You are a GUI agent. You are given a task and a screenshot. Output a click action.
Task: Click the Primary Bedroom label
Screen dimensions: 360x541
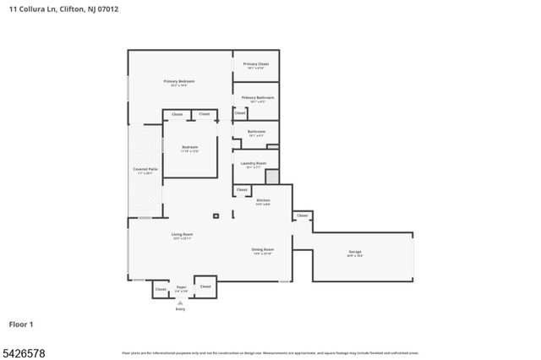click(x=178, y=81)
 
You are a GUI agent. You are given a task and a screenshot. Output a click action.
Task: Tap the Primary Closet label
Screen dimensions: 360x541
click(x=255, y=64)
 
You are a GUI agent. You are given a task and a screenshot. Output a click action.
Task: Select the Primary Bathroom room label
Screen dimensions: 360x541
click(x=255, y=97)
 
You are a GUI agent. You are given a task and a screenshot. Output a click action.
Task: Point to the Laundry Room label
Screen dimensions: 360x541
click(x=254, y=163)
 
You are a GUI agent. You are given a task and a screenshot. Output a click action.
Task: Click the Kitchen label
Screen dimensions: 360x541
click(x=263, y=200)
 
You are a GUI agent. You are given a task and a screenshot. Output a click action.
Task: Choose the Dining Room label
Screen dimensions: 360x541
click(x=262, y=249)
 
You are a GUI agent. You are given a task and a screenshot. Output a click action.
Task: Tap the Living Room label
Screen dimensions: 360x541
click(x=183, y=234)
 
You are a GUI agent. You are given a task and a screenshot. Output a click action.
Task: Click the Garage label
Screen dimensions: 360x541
click(x=355, y=252)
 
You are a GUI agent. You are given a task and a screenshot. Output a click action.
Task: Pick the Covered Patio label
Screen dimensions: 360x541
click(x=143, y=169)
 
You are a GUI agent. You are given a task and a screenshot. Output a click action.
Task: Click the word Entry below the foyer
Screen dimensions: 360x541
click(x=180, y=309)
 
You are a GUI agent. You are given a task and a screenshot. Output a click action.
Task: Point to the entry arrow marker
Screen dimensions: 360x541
click(x=180, y=303)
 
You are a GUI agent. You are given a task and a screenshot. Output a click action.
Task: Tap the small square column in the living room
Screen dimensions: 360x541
click(x=216, y=216)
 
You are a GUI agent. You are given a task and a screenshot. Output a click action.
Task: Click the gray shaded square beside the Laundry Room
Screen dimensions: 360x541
click(x=271, y=177)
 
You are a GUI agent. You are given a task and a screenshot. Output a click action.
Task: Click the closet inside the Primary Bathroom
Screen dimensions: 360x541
click(x=240, y=112)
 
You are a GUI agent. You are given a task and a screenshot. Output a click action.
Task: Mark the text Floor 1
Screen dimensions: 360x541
click(x=21, y=324)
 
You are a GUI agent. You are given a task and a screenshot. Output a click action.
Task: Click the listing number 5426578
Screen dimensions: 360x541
click(x=23, y=351)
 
